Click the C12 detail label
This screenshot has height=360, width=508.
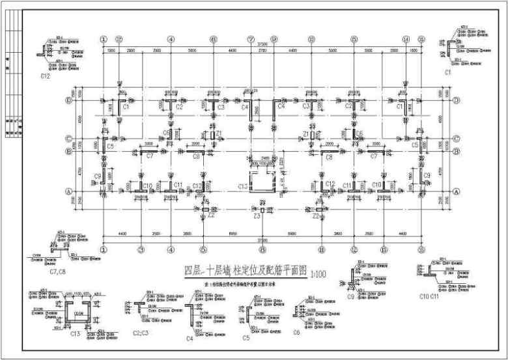[45, 76]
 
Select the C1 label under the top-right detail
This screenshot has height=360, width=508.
[448, 74]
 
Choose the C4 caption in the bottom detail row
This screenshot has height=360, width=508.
[190, 338]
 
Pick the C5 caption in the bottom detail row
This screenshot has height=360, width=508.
[246, 338]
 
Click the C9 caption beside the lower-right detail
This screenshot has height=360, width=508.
[350, 296]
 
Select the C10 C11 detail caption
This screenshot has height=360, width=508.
[430, 296]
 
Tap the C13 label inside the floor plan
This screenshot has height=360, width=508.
[242, 187]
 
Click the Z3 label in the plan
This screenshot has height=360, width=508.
[257, 217]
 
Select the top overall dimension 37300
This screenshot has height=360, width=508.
[262, 43]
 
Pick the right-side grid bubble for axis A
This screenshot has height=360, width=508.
[457, 191]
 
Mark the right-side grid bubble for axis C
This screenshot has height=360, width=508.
[457, 139]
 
